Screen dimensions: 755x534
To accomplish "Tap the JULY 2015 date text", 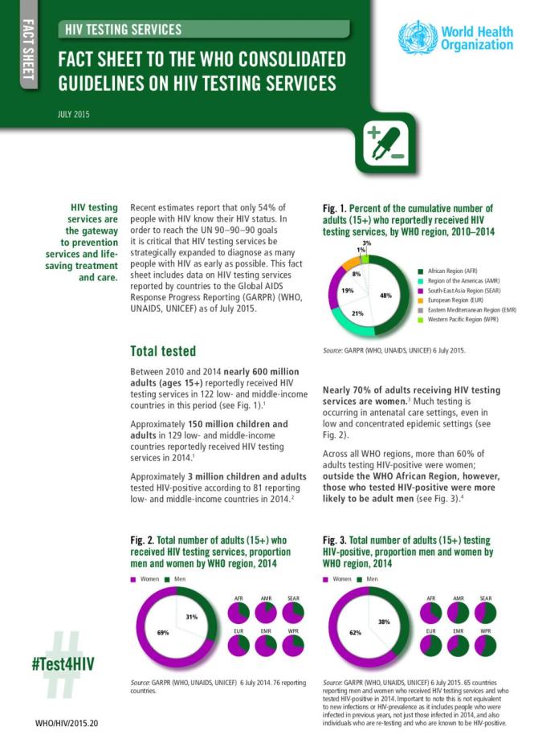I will pyautogui.click(x=73, y=114).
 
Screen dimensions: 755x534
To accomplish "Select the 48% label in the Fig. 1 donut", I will pyautogui.click(x=385, y=296).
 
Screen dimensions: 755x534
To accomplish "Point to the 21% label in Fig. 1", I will pyautogui.click(x=358, y=313).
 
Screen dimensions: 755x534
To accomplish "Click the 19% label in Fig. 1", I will pyautogui.click(x=348, y=290).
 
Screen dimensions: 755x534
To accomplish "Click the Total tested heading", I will pyautogui.click(x=162, y=351).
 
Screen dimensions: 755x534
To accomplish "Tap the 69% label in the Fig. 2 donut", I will pyautogui.click(x=163, y=633).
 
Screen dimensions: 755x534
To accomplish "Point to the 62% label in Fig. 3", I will pyautogui.click(x=356, y=633).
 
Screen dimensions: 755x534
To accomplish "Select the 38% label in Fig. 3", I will pyautogui.click(x=385, y=622).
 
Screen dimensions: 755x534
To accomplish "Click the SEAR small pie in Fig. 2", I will pyautogui.click(x=295, y=613).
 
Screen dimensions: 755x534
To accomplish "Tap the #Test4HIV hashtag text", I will pyautogui.click(x=63, y=664).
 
